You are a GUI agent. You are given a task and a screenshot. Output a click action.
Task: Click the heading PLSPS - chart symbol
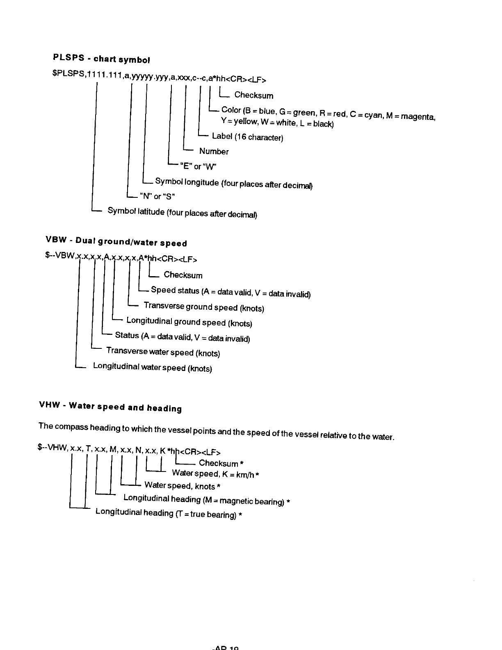click(101, 58)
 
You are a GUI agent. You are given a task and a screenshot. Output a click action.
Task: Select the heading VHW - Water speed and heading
click(110, 407)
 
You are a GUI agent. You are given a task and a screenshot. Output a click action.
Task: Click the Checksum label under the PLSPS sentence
click(253, 95)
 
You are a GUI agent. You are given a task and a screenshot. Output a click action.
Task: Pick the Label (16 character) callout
click(247, 137)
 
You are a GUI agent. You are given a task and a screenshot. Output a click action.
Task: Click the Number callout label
click(214, 151)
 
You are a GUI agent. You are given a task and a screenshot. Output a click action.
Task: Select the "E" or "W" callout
click(198, 166)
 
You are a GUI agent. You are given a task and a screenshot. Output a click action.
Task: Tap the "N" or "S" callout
click(157, 196)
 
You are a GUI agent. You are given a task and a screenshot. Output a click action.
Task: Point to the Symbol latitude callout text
click(182, 213)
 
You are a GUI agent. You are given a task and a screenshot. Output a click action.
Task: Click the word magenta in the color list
click(418, 117)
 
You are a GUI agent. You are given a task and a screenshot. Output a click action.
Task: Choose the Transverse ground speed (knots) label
click(204, 307)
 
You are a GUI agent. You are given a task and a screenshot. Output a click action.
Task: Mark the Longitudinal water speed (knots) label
click(152, 367)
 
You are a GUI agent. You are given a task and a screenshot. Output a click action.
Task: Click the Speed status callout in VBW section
click(230, 292)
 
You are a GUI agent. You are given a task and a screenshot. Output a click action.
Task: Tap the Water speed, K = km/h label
click(215, 474)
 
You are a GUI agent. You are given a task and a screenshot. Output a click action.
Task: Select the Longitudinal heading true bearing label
click(168, 513)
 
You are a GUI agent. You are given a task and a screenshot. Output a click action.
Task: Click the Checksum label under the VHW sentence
click(221, 463)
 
